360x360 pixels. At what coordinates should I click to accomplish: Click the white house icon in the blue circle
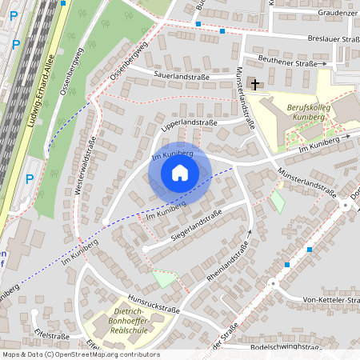(x=180, y=173)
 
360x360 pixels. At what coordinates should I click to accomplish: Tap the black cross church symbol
(x=255, y=84)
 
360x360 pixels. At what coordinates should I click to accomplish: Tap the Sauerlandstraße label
(x=182, y=77)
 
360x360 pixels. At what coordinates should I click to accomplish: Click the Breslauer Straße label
(x=332, y=38)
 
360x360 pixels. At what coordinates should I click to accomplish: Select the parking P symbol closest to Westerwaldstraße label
(x=30, y=178)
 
